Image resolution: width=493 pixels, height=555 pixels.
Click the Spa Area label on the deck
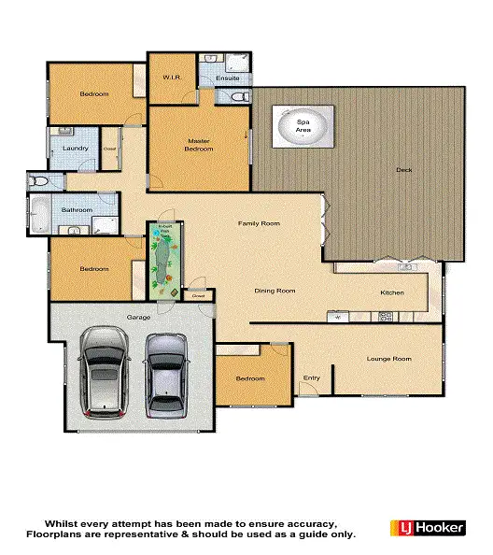pyautogui.click(x=303, y=124)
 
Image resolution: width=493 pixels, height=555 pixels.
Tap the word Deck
pyautogui.click(x=403, y=170)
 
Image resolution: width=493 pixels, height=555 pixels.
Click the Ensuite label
pyautogui.click(x=228, y=78)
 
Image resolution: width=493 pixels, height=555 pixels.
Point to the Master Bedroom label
pyautogui.click(x=198, y=145)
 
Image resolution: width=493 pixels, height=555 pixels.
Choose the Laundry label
pyautogui.click(x=75, y=148)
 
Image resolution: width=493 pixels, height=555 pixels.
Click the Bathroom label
pyautogui.click(x=77, y=210)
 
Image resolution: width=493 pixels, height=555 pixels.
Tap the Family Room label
pyautogui.click(x=259, y=224)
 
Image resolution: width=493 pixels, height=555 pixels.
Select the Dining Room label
pyautogui.click(x=275, y=291)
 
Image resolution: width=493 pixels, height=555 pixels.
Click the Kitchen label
pyautogui.click(x=392, y=293)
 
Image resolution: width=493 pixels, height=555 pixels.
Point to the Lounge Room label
pyautogui.click(x=388, y=358)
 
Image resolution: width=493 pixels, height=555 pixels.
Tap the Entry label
pyautogui.click(x=312, y=378)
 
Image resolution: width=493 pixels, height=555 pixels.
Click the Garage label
pyautogui.click(x=139, y=318)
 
